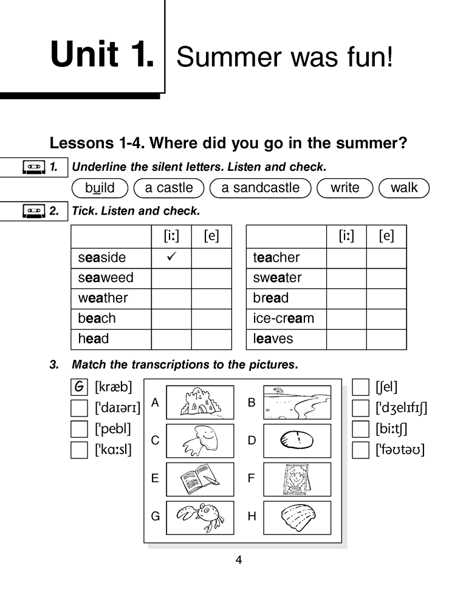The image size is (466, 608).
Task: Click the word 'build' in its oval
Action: click(x=100, y=188)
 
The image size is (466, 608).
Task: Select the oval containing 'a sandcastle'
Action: click(x=260, y=188)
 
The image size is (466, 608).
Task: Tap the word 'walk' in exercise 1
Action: click(x=403, y=188)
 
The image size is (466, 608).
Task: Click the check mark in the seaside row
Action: click(x=171, y=257)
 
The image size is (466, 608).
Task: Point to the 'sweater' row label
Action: click(x=277, y=278)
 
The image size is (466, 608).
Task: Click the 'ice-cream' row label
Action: click(x=283, y=319)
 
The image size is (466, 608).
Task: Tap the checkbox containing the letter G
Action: click(x=79, y=387)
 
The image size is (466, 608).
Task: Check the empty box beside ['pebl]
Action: click(x=79, y=429)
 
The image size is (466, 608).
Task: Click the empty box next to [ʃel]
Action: click(x=361, y=387)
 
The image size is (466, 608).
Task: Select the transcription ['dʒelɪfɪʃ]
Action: click(x=401, y=407)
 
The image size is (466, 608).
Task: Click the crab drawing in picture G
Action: click(x=199, y=517)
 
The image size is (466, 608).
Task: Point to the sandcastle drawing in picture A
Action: click(x=199, y=402)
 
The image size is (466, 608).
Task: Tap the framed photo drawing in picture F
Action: click(x=297, y=479)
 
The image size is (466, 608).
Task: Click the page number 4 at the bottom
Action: click(x=238, y=560)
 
